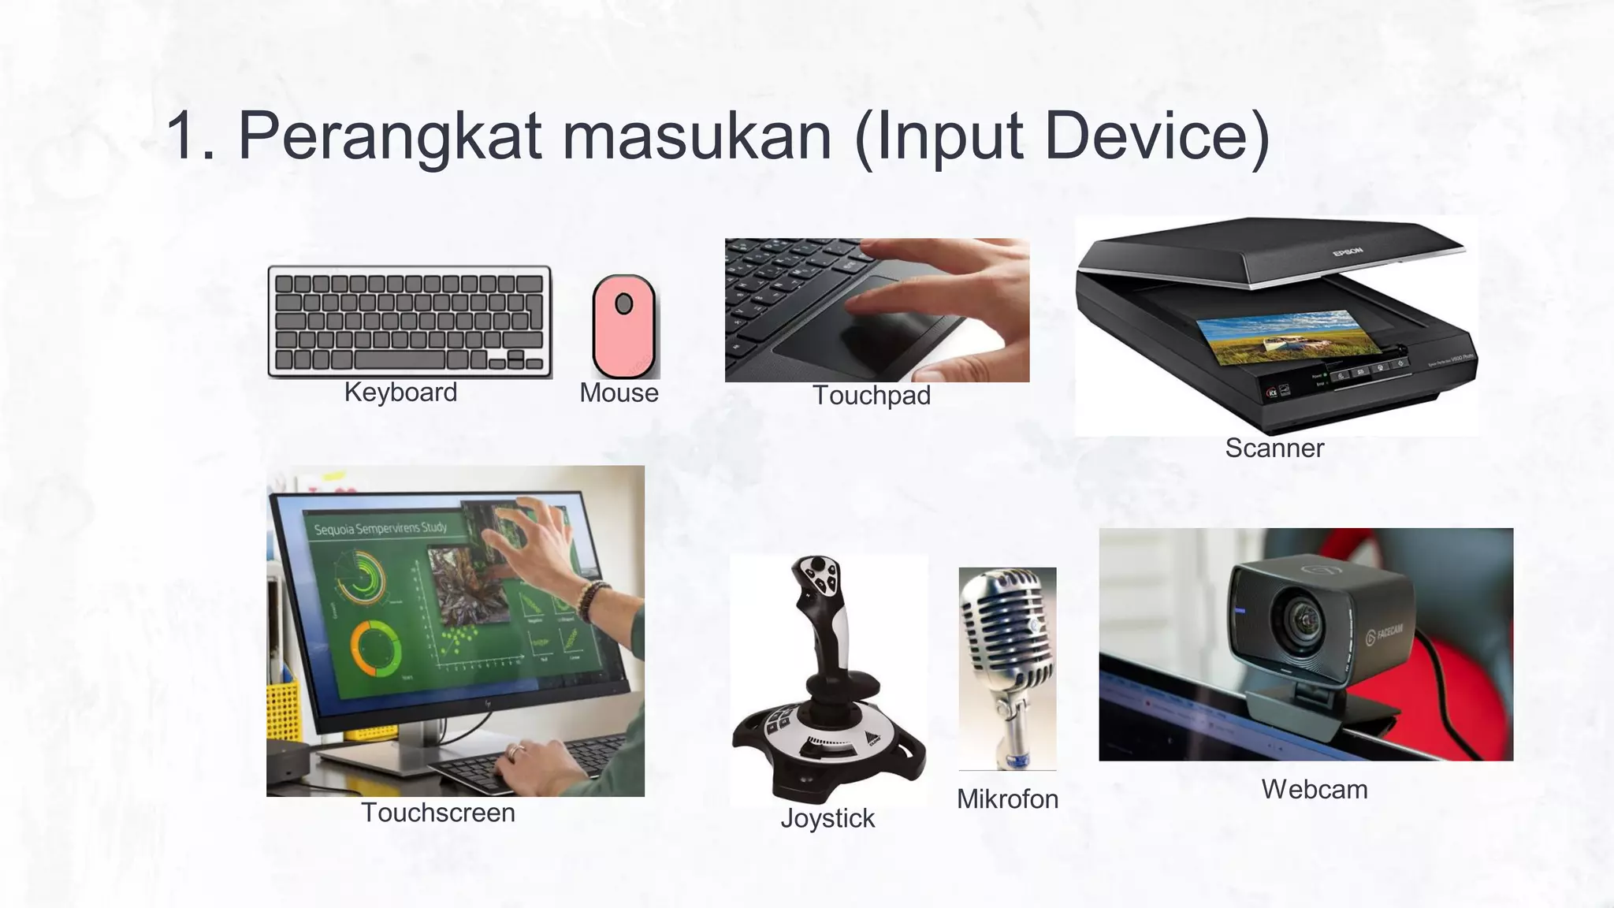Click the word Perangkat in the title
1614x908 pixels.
pos(390,136)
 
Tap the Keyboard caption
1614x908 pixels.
pos(400,393)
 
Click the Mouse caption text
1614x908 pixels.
pos(619,393)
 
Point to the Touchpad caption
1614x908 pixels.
pos(871,395)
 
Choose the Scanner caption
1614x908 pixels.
pos(1274,448)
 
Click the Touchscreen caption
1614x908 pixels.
pos(438,813)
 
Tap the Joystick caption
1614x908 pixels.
pos(827,818)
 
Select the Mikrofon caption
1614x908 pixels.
pos(1007,799)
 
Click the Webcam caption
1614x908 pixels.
pos(1315,789)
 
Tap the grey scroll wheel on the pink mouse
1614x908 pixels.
pos(623,303)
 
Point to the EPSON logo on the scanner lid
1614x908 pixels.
pos(1347,252)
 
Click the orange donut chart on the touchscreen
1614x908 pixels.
pos(376,648)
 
